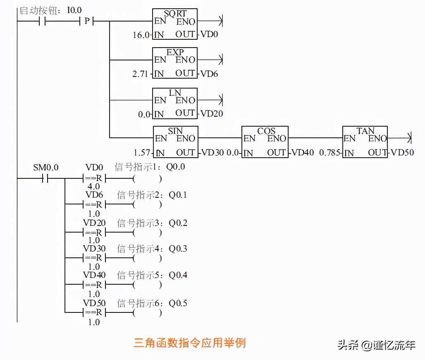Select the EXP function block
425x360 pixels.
point(175,63)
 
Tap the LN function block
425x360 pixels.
point(175,103)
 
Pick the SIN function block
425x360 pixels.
point(175,142)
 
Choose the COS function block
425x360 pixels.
point(265,142)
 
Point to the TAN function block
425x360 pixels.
point(365,142)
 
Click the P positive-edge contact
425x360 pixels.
point(86,21)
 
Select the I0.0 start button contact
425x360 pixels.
point(41,21)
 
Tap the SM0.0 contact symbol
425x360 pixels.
point(45,179)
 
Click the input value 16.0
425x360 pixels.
point(141,35)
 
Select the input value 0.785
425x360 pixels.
point(329,153)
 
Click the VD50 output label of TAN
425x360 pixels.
point(402,153)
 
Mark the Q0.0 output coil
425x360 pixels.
point(147,179)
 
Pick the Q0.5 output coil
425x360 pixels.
point(147,313)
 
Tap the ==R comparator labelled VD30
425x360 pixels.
point(94,259)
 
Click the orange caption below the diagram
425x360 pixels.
point(190,343)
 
